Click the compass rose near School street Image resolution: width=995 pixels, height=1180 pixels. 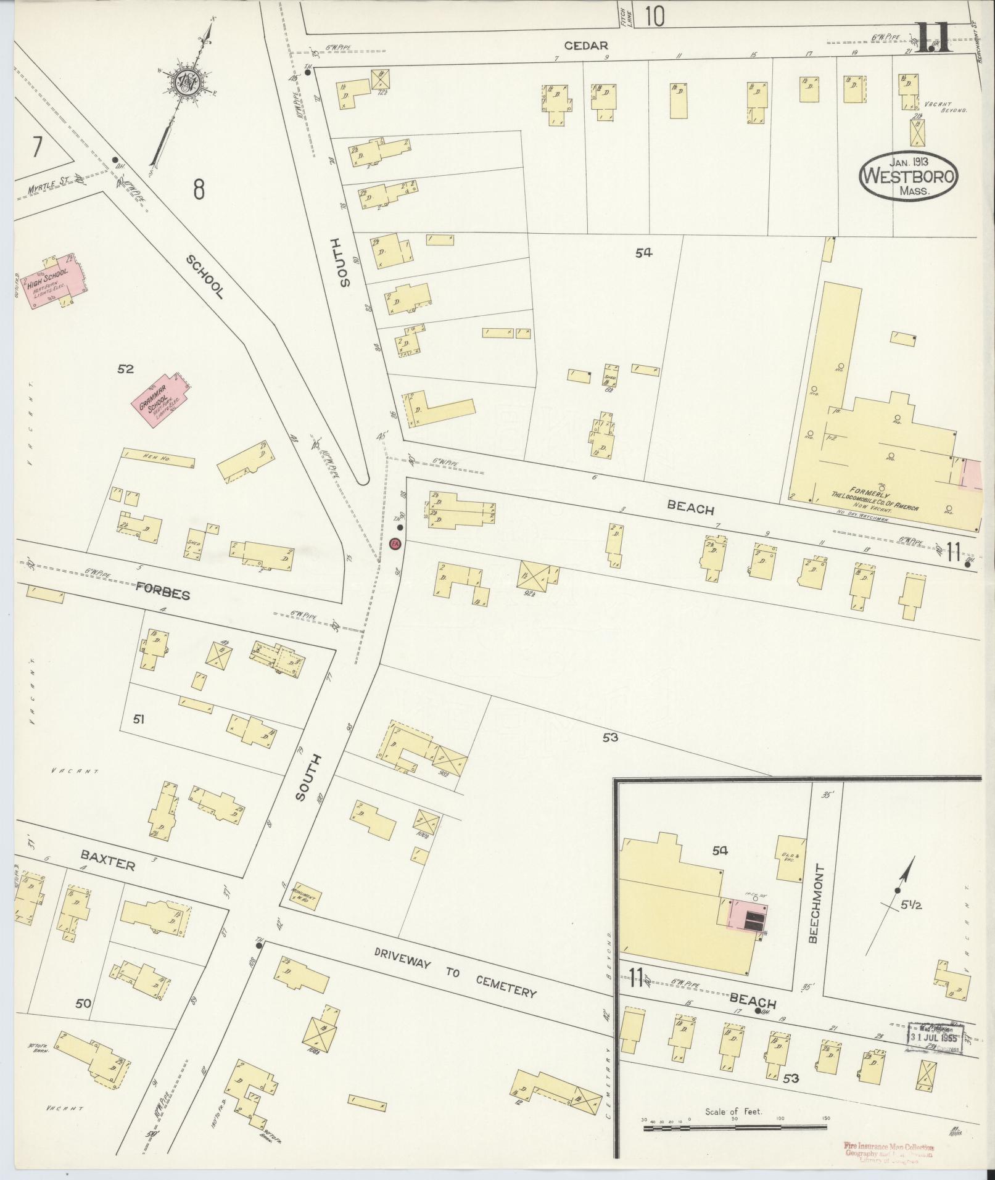(186, 85)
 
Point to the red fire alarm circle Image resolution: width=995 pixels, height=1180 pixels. (397, 544)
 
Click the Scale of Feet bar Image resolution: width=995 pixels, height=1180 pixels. (734, 1128)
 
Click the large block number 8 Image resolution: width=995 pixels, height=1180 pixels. (198, 189)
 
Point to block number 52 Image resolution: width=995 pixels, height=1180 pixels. (126, 369)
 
